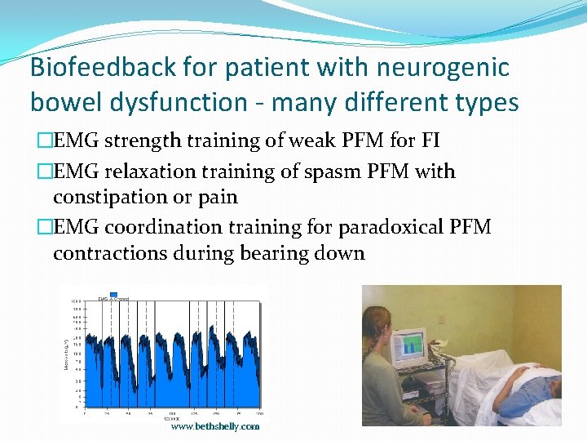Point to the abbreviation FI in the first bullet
pyautogui.click(x=430, y=140)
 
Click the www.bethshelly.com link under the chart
pyautogui.click(x=215, y=426)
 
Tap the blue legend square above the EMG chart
pyautogui.click(x=114, y=294)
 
